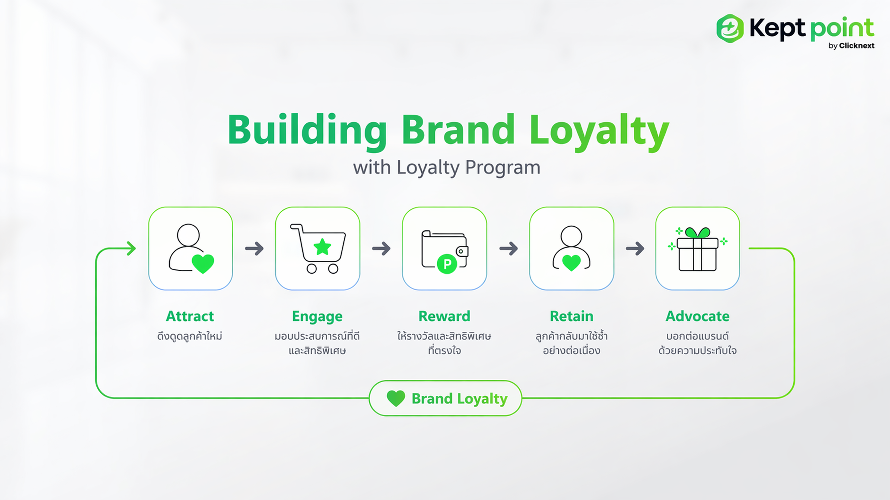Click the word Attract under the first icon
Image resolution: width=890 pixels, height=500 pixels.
click(190, 316)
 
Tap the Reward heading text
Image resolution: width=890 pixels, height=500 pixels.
click(444, 316)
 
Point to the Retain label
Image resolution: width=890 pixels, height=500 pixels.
click(572, 316)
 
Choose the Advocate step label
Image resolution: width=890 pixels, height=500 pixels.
click(698, 316)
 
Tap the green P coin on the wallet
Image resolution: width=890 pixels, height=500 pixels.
click(447, 264)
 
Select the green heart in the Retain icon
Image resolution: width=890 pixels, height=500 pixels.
click(572, 263)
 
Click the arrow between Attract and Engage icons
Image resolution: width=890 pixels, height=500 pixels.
click(254, 248)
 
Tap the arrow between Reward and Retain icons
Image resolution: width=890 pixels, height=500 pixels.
click(509, 248)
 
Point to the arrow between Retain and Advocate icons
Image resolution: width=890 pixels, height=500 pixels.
click(635, 248)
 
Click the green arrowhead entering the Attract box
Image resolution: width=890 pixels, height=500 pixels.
click(131, 248)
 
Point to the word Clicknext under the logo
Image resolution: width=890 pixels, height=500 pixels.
click(856, 46)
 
